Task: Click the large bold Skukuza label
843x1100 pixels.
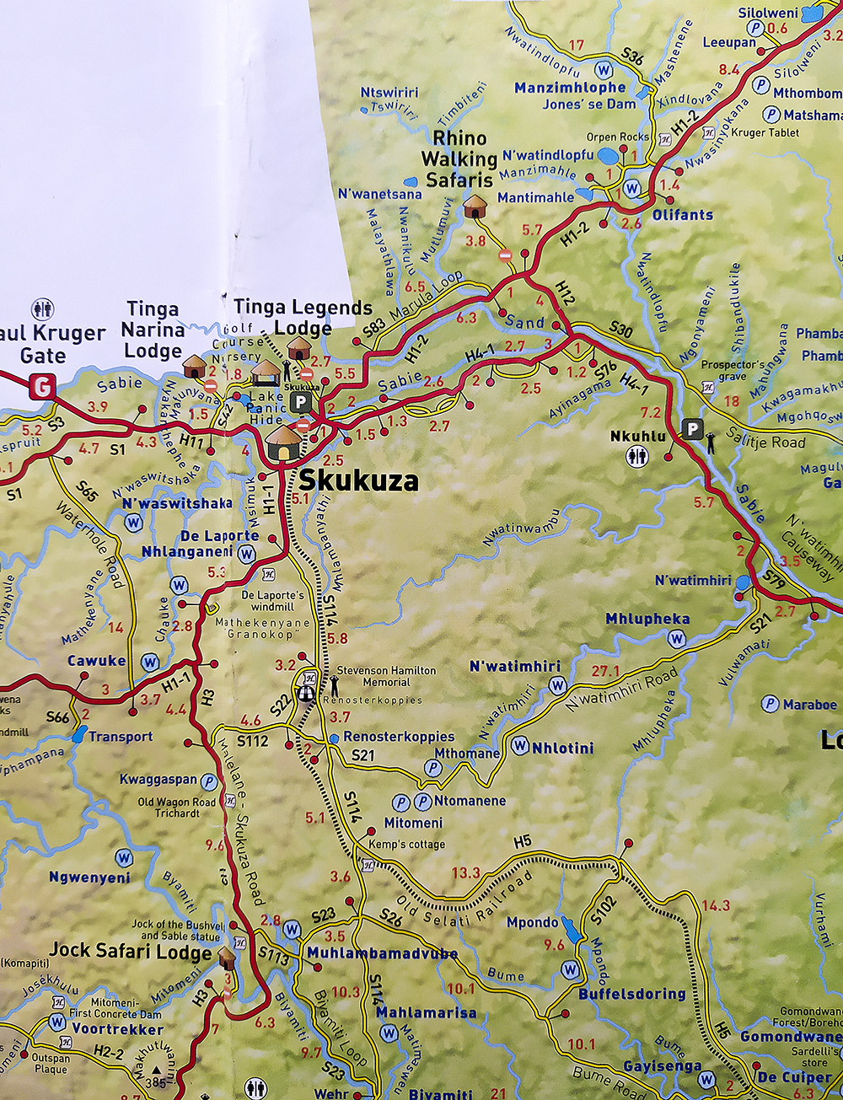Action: [x=358, y=480]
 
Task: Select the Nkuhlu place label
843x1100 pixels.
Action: [x=638, y=436]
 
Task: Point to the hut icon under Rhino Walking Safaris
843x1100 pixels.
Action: [x=475, y=207]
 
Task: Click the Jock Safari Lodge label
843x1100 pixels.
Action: [x=130, y=951]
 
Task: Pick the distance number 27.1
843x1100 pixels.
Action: [x=605, y=671]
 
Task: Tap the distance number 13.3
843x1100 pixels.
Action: [x=465, y=872]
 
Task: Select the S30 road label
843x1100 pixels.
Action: [x=620, y=331]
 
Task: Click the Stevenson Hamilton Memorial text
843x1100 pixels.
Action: [x=386, y=676]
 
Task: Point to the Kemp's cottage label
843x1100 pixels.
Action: [x=406, y=844]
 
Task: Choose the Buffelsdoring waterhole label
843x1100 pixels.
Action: [x=632, y=994]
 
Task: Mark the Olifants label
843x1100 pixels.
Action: [x=682, y=215]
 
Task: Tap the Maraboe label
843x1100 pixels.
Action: [x=809, y=704]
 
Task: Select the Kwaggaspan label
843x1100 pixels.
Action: [x=158, y=780]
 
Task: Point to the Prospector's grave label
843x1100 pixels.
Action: [x=733, y=371]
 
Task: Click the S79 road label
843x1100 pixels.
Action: [x=774, y=579]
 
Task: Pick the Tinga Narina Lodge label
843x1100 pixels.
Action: [x=153, y=330]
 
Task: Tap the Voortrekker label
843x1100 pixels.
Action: [x=117, y=1029]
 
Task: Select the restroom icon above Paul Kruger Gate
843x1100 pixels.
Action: [x=42, y=309]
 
